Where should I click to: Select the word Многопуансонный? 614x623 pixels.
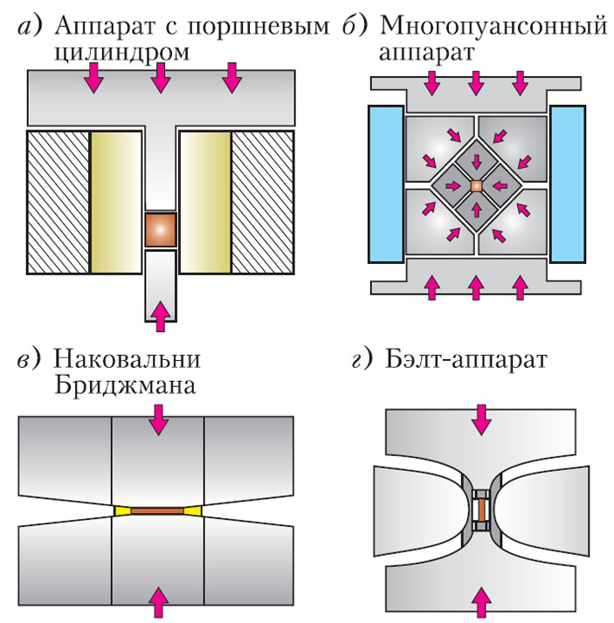tap(494, 25)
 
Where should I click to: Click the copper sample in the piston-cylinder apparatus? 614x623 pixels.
tap(161, 230)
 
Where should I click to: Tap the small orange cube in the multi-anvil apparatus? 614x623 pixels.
tap(476, 186)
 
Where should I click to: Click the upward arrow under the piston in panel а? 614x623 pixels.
tap(160, 315)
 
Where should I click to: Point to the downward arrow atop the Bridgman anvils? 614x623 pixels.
tap(158, 422)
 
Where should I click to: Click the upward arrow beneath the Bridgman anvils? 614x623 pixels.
tap(158, 602)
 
